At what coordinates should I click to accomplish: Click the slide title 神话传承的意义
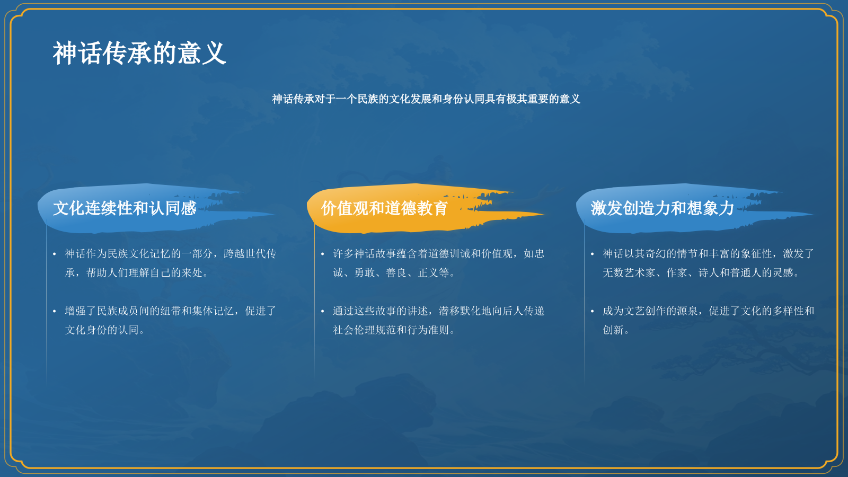click(139, 54)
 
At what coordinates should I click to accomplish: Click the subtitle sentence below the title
click(426, 99)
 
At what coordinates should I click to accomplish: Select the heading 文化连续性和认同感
click(125, 208)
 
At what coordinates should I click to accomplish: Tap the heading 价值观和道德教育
click(385, 208)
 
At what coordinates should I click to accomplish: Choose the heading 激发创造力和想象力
click(662, 208)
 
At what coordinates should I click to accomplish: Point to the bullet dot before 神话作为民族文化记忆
click(55, 254)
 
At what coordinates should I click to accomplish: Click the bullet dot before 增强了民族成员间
click(55, 312)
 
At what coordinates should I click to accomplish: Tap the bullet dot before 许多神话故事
click(322, 254)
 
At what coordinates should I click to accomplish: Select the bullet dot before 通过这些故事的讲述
click(322, 312)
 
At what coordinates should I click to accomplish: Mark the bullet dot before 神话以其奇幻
click(592, 254)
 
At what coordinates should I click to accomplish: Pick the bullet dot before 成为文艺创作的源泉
click(592, 312)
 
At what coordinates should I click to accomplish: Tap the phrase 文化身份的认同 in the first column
click(102, 330)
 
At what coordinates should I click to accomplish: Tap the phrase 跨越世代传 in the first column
click(250, 254)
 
